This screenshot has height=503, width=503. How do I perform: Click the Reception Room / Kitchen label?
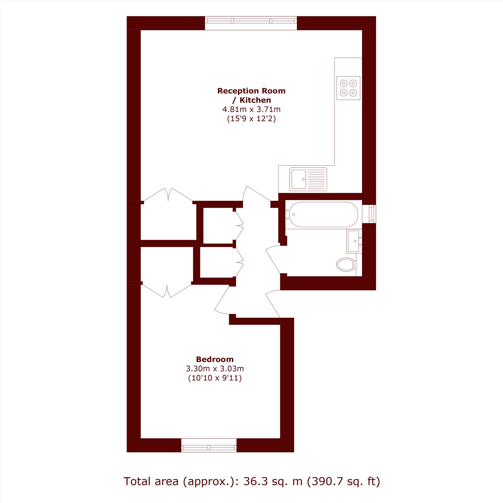(x=251, y=95)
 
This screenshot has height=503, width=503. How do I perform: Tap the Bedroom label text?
(x=215, y=359)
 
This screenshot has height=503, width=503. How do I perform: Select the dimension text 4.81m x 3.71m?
(x=251, y=109)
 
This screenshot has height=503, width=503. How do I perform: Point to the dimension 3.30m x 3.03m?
(x=215, y=369)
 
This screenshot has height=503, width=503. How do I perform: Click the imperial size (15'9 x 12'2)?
(x=251, y=119)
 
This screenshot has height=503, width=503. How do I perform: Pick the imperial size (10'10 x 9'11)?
(x=215, y=378)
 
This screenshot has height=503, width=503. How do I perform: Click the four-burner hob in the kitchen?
(x=348, y=88)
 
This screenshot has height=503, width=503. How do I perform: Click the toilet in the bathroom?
(x=346, y=265)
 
